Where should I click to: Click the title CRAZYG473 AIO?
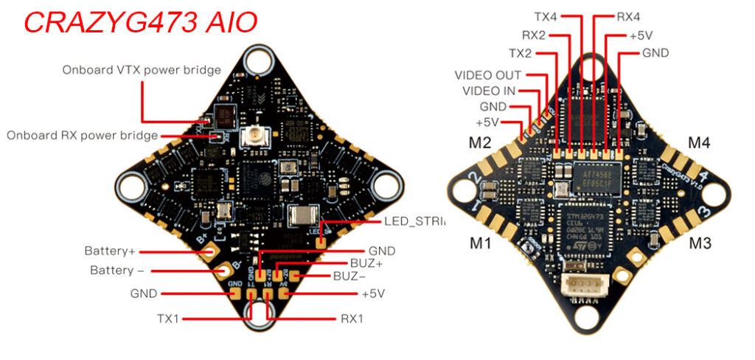tap(140, 21)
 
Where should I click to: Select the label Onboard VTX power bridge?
tap(142, 70)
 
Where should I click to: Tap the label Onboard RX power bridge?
tap(82, 135)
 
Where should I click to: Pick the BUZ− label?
tap(352, 278)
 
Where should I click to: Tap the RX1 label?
tap(352, 319)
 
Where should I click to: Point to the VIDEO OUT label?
tap(487, 75)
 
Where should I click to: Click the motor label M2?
tap(480, 142)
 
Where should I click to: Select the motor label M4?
tap(699, 142)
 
